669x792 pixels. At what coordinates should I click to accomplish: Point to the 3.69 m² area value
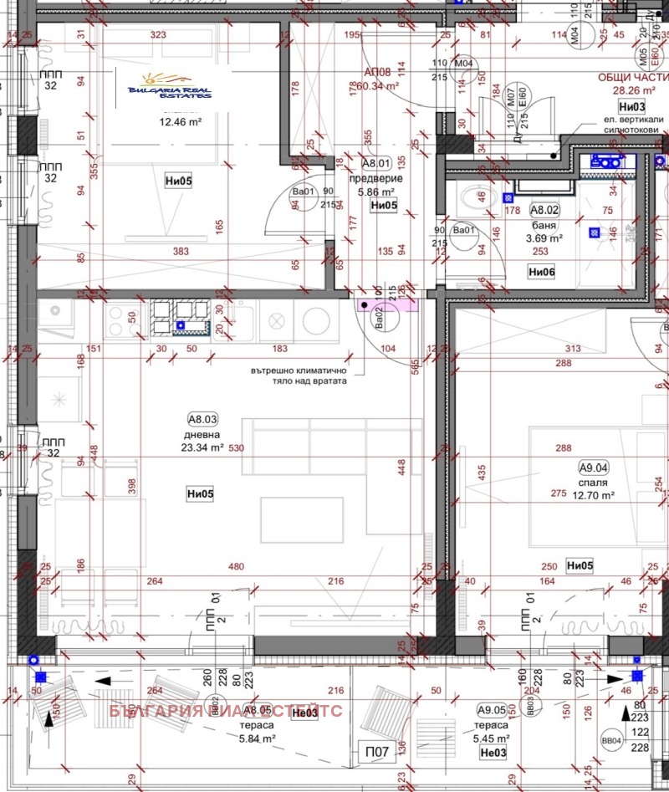point(544,238)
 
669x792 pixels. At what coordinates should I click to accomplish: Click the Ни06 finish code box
point(542,271)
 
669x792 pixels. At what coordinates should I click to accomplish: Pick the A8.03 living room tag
point(202,421)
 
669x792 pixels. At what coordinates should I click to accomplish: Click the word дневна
point(202,435)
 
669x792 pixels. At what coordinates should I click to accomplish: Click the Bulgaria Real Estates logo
point(170,92)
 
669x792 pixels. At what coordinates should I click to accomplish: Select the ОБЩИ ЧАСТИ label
point(631,78)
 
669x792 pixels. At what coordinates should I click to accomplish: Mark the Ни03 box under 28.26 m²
point(631,106)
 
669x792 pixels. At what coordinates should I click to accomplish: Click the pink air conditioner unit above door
point(387,305)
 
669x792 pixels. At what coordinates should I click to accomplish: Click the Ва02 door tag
point(378,317)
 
